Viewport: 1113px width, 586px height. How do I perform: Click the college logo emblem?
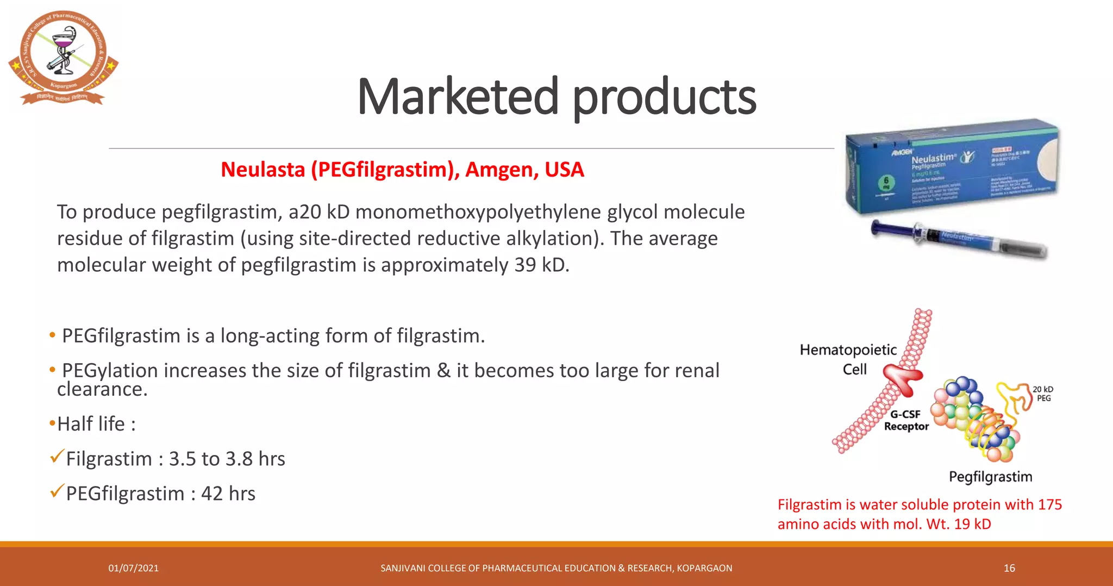63,57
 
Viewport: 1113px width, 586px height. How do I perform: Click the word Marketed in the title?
458,97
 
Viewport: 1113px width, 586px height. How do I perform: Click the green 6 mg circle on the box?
886,184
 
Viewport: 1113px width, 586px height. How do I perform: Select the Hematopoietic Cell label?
848,359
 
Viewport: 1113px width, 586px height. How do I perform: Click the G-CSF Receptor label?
906,420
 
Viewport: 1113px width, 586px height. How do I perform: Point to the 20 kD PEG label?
1043,394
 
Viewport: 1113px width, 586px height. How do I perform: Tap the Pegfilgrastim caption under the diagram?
990,477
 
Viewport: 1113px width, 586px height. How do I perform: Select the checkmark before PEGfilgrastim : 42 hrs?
57,491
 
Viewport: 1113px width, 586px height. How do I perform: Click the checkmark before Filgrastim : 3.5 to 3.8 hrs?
57,457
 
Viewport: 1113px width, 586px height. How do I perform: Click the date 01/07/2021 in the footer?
133,568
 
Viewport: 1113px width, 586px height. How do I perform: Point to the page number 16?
1009,568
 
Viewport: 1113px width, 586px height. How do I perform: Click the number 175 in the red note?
1049,504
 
